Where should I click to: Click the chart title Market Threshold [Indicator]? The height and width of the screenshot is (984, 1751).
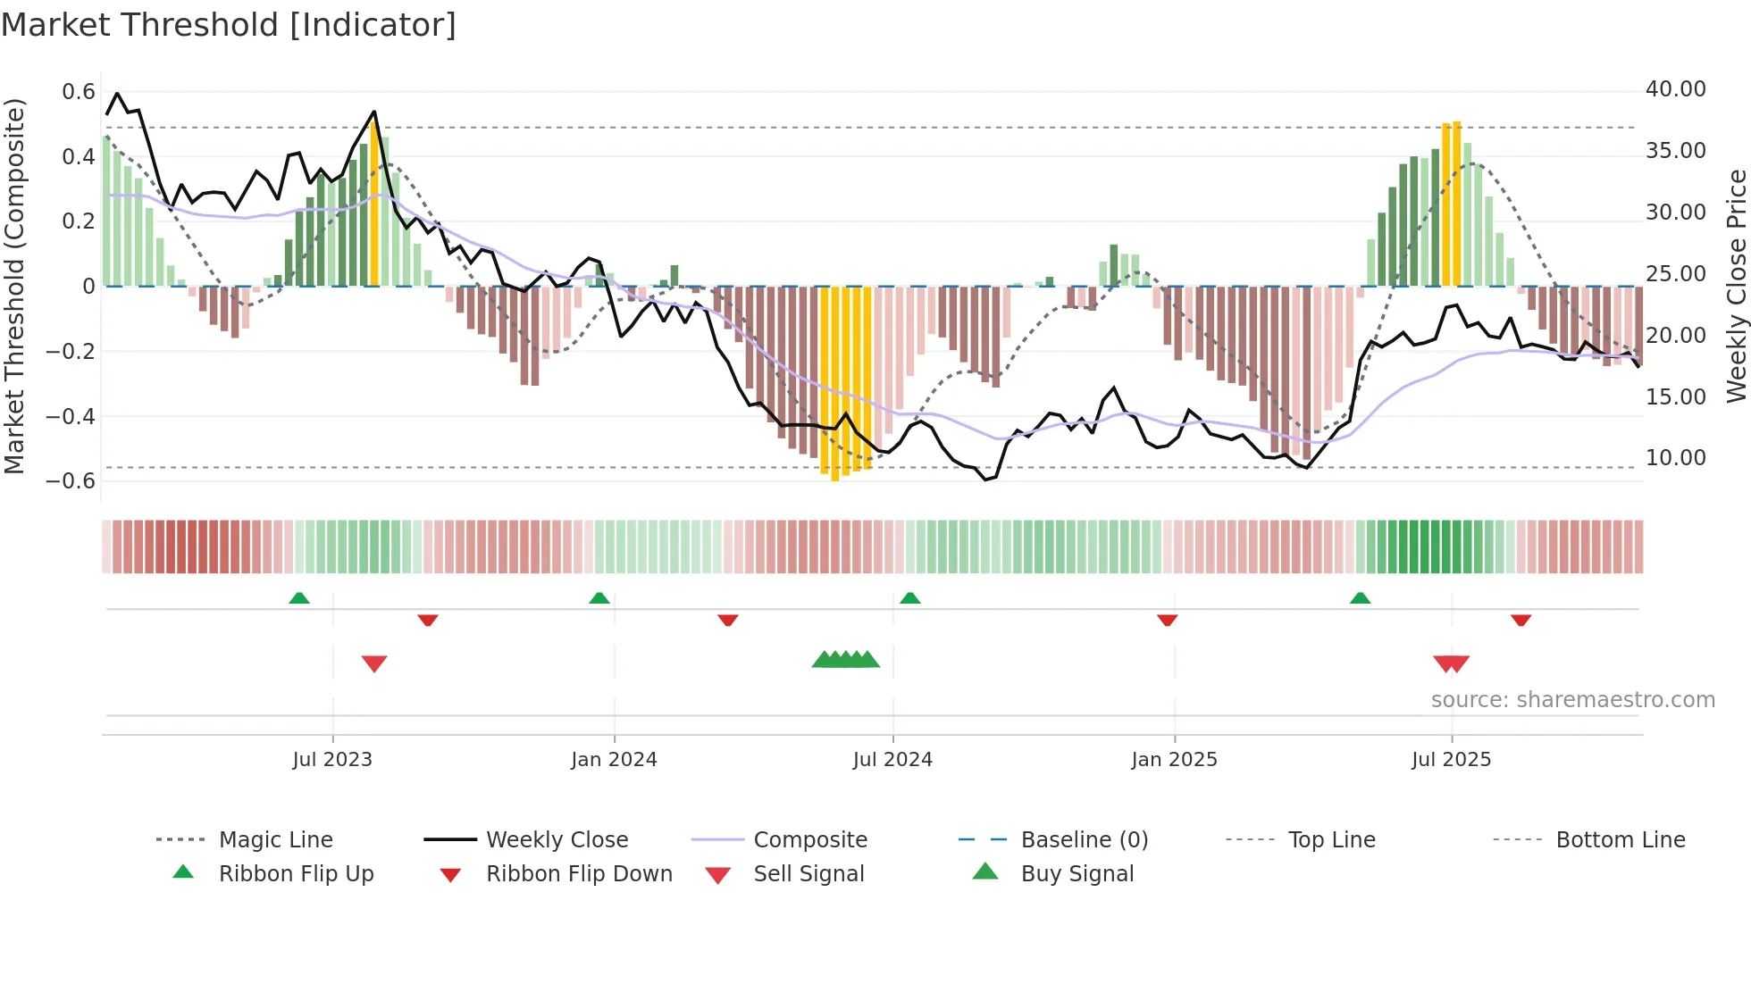[x=229, y=25]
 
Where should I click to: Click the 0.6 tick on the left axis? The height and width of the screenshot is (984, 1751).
[x=79, y=92]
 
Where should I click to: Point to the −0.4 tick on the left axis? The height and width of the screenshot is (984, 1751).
[x=71, y=416]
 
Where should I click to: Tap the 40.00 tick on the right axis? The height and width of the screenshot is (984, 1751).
[x=1675, y=89]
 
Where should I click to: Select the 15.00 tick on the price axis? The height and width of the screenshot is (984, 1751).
[x=1675, y=396]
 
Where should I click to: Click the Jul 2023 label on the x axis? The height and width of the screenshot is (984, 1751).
[x=331, y=760]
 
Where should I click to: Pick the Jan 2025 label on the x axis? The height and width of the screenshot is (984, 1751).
[x=1173, y=760]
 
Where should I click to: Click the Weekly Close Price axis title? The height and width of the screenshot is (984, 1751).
[x=1736, y=286]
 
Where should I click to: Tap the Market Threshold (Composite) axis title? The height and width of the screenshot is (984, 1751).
[x=14, y=286]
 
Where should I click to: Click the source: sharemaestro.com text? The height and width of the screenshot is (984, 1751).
[x=1572, y=700]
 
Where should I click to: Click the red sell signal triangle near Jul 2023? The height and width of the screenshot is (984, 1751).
[x=374, y=663]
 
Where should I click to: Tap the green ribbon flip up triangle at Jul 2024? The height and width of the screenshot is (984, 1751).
[x=909, y=598]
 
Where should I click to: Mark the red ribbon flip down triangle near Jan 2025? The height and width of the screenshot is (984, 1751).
[x=1167, y=620]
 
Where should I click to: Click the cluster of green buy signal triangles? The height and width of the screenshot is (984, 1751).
[x=845, y=660]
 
